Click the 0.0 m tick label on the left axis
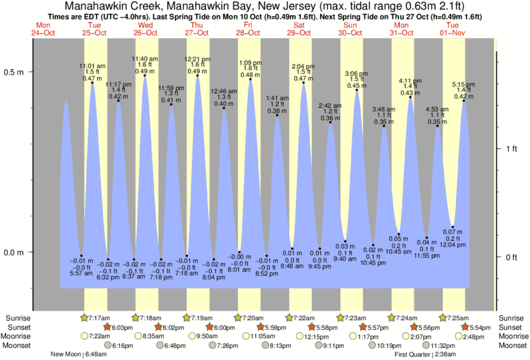(15, 252)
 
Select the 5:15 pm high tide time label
(463, 84)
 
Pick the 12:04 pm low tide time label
(452, 246)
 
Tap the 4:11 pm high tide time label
(410, 81)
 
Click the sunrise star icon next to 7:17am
(85, 317)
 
